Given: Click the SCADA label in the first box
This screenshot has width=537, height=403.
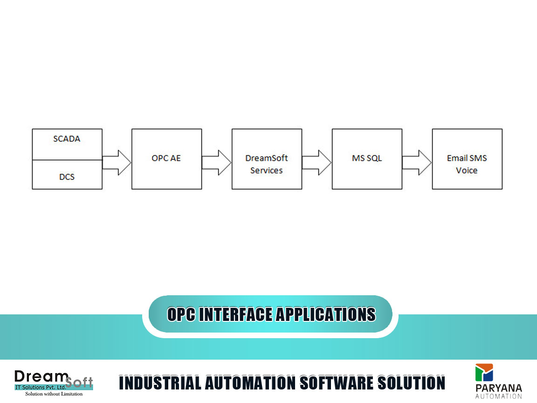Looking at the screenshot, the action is (x=67, y=139).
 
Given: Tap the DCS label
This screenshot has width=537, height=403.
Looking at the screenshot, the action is (x=67, y=177).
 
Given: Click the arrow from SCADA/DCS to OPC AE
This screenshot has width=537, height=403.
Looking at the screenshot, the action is (x=117, y=162).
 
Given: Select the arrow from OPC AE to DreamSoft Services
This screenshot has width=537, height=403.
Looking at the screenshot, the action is (x=216, y=162).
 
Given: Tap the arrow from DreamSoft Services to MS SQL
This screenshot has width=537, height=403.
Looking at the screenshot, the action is (x=317, y=162).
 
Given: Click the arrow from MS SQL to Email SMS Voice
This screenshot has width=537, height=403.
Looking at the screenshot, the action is (x=417, y=162).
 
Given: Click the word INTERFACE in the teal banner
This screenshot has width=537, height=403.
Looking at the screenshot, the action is (x=235, y=314).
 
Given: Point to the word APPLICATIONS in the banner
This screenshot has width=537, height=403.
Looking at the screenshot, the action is (x=326, y=314).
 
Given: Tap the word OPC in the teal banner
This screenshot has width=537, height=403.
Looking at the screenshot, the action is (x=181, y=314).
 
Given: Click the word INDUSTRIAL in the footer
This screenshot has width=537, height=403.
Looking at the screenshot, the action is (x=160, y=383).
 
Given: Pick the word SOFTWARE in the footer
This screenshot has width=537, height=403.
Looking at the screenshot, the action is (x=337, y=383).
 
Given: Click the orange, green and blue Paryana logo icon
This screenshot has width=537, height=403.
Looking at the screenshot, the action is (x=484, y=373).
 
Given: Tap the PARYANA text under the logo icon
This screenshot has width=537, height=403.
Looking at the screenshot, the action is (x=499, y=388).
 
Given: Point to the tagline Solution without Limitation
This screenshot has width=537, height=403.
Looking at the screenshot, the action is (x=54, y=394).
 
